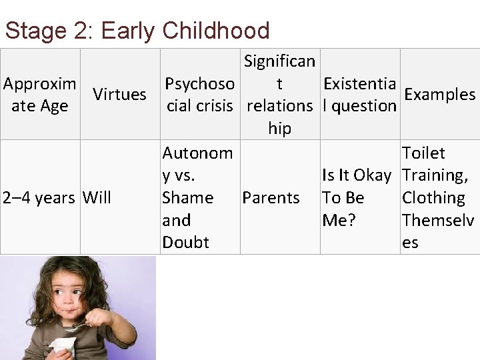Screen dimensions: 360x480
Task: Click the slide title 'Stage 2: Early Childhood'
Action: (137, 31)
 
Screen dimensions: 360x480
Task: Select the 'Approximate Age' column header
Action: (39, 95)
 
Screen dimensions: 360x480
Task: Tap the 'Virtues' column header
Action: (120, 95)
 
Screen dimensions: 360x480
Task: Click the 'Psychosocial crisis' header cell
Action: (199, 95)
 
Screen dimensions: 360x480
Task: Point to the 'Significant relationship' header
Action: (279, 95)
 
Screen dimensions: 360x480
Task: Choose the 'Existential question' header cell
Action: (359, 95)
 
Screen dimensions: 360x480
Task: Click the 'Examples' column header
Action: (440, 95)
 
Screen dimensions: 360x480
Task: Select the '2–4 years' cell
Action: (39, 198)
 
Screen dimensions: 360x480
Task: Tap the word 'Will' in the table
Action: (97, 198)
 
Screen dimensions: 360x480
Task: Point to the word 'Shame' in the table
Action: (187, 198)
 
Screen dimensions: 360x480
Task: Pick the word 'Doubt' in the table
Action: (186, 243)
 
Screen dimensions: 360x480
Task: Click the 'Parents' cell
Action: (271, 198)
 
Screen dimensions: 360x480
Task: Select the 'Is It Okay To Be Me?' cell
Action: (356, 197)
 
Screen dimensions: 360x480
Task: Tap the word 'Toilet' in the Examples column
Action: (423, 153)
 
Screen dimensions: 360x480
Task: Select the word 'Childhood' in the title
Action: (215, 31)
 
